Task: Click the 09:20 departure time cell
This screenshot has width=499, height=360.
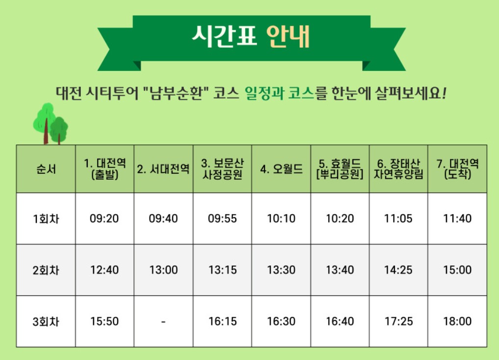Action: coord(104,218)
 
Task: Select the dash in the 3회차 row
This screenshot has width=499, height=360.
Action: coord(163,321)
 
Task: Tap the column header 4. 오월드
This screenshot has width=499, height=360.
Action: coord(281,169)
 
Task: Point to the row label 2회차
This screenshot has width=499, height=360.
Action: coord(46,270)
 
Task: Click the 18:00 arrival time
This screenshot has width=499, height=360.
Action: coord(457,321)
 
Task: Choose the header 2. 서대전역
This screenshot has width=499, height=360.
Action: coord(163,169)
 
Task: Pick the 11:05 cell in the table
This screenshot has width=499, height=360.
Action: coord(399,218)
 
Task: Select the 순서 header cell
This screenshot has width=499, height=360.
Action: coord(46,169)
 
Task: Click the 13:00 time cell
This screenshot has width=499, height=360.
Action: coord(163,270)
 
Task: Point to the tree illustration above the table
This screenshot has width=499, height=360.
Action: coord(50,123)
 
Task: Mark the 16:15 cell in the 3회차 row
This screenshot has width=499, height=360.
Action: coord(222,321)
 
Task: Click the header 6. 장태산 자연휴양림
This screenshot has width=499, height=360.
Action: coord(399,169)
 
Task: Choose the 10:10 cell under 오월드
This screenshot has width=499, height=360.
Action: coord(281,218)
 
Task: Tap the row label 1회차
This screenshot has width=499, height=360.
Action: coord(46,218)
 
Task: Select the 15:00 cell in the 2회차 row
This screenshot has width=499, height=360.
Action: coord(457,270)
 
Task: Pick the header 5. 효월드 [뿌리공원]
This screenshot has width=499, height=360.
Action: coord(340,169)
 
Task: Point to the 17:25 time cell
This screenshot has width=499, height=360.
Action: coord(399,321)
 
